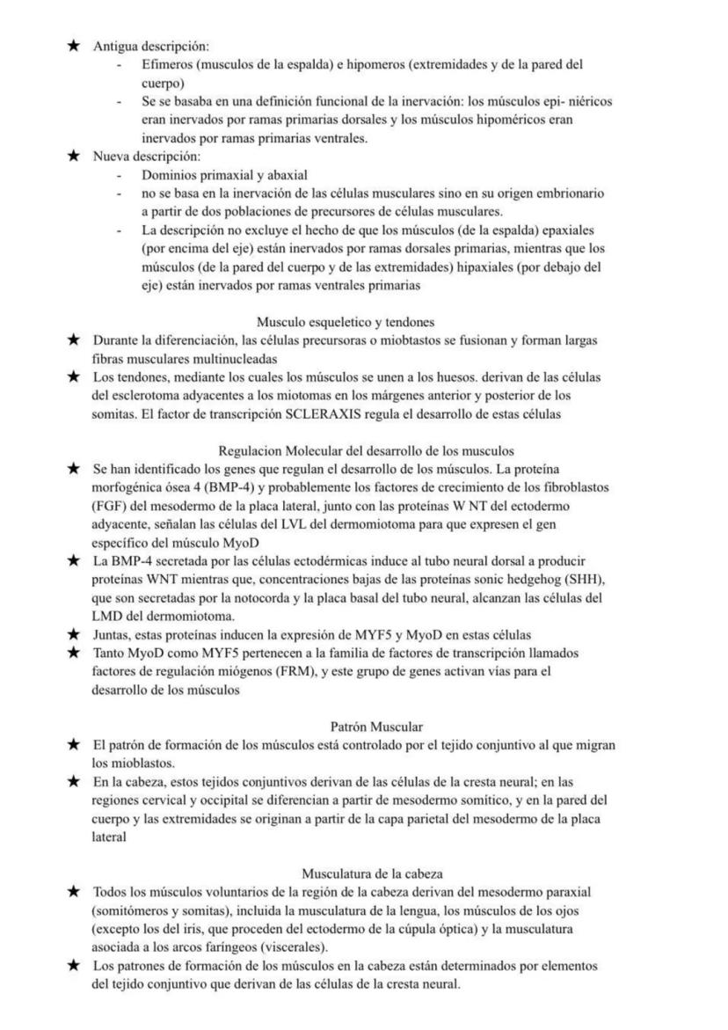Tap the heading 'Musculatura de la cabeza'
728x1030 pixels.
[372, 873]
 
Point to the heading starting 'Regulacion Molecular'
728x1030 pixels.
[367, 451]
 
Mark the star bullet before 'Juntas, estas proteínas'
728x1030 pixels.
[75, 633]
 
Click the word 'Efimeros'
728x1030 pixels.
[165, 65]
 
